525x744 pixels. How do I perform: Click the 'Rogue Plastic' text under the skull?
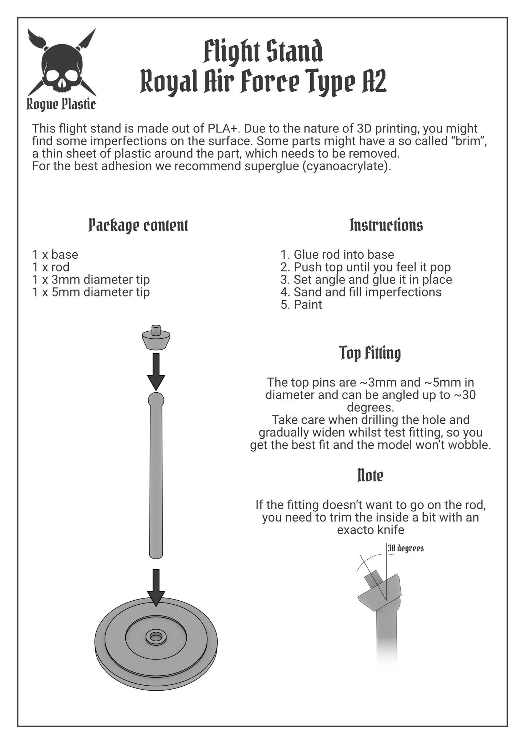(61, 105)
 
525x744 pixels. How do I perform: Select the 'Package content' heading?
(138, 225)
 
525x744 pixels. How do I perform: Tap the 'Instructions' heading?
(386, 225)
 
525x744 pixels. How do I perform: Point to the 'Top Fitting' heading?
(370, 353)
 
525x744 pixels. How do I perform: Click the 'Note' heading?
(370, 475)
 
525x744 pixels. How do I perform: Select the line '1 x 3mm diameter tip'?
(91, 279)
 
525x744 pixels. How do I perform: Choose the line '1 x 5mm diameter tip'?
(91, 292)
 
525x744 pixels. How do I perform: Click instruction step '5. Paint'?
(301, 304)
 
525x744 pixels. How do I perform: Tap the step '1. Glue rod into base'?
(337, 254)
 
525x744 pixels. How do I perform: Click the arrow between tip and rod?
(156, 372)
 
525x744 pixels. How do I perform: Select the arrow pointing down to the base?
(156, 588)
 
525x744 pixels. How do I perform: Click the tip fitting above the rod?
(156, 337)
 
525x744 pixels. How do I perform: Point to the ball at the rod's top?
(156, 400)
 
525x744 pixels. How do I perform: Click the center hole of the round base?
(156, 637)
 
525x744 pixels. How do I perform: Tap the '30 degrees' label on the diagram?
(405, 548)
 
